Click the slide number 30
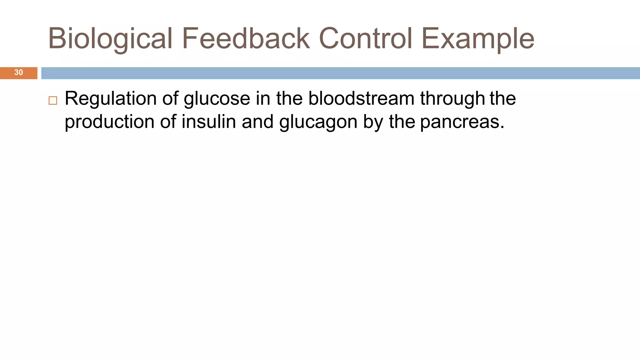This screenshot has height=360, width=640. pyautogui.click(x=18, y=72)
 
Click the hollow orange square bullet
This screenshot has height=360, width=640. pyautogui.click(x=53, y=101)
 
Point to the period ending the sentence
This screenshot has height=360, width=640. pyautogui.click(x=502, y=127)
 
